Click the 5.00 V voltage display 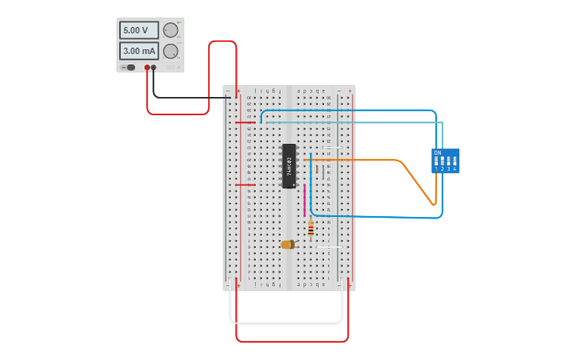[139, 30]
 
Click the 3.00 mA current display [139, 51]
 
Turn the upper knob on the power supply [171, 30]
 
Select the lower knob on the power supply [171, 52]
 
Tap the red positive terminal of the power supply [147, 68]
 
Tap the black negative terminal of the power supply [154, 68]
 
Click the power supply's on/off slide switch [130, 68]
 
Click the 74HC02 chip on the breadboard [289, 166]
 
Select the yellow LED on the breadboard [288, 245]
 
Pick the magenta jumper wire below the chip [304, 200]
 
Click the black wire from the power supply [191, 98]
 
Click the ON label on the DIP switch [437, 152]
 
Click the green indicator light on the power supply [180, 21]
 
